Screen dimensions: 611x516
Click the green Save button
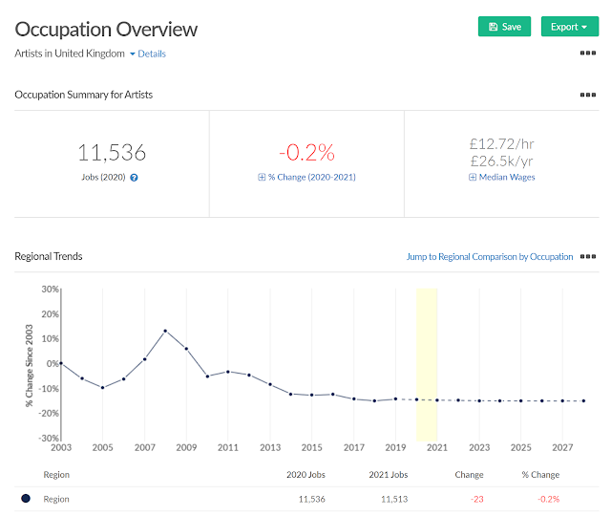tap(504, 27)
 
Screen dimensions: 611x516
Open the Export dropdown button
tap(570, 27)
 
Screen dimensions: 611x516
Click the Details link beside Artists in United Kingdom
tap(152, 54)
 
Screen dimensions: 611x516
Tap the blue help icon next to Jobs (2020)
tap(134, 178)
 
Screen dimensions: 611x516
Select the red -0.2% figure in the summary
tap(306, 152)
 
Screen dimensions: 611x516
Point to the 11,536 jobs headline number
tap(112, 152)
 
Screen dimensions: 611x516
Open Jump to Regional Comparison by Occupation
tap(490, 257)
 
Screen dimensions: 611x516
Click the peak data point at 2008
tap(165, 331)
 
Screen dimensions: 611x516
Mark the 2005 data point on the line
tap(102, 388)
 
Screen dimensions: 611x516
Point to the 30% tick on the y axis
tap(51, 290)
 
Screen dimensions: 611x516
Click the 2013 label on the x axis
tap(270, 447)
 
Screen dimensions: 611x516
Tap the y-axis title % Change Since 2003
tap(30, 366)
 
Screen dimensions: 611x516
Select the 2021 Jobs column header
tap(389, 475)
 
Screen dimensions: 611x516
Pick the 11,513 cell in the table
tap(394, 499)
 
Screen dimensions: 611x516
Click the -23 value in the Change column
tap(477, 499)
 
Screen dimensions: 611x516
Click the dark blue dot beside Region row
tap(26, 499)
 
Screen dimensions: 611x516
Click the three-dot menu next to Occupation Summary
tap(588, 95)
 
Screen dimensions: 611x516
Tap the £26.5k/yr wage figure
tap(501, 161)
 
